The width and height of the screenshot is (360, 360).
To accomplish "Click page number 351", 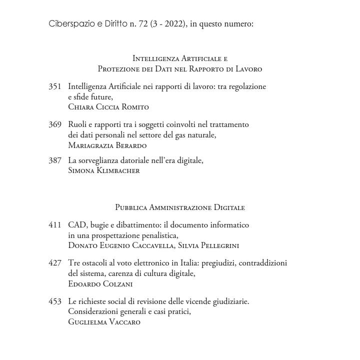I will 54,86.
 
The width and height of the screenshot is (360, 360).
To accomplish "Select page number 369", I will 54,124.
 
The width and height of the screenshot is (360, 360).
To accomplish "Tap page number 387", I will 54,160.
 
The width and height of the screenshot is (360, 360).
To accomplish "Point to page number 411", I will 54,225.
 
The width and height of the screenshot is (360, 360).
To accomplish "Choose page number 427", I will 54,263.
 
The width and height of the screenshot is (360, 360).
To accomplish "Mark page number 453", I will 54,301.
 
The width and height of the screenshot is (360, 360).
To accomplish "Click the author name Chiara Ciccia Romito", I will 108,107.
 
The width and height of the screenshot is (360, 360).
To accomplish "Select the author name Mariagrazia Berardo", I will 107,145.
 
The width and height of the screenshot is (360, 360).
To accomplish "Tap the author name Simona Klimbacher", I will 103,170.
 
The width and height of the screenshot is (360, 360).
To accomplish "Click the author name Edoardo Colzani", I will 100,284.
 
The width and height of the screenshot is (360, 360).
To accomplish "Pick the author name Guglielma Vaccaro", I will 104,322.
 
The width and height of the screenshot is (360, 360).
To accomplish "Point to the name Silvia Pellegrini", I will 208,245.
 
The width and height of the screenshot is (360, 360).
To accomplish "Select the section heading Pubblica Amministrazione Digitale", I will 179,207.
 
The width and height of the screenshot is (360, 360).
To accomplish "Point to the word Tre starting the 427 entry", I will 74,263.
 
